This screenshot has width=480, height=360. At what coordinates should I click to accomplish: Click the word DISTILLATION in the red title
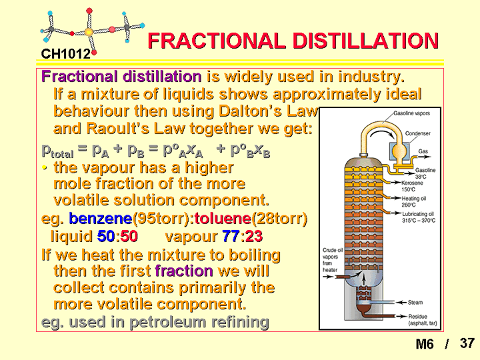366,41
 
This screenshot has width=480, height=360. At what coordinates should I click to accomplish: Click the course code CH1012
66,54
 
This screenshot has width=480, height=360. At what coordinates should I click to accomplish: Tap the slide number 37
467,343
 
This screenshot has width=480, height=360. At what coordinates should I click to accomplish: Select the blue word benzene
101,218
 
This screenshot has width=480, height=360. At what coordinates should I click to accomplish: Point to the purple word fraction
184,271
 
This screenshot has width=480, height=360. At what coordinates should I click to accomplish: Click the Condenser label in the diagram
417,133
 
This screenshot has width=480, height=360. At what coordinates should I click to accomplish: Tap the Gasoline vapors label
411,113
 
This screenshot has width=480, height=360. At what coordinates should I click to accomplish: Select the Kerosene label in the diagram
412,183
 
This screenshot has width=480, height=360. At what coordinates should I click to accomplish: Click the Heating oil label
414,199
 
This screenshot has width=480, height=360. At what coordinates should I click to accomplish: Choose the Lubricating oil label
418,214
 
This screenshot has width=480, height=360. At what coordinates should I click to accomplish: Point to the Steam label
415,303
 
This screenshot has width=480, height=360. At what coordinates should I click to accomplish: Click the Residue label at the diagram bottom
417,317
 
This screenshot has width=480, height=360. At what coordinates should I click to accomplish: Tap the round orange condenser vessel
399,151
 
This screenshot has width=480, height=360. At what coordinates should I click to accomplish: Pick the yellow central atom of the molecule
89,32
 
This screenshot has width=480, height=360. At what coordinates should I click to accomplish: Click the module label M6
425,344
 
